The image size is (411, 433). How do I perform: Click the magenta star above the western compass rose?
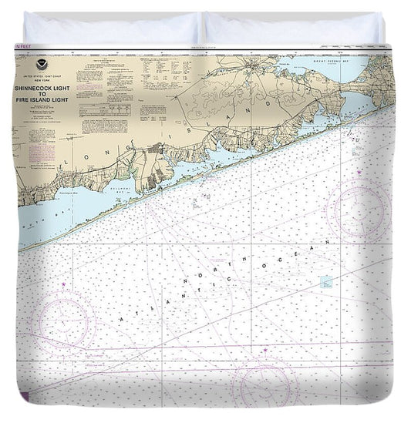[x=64, y=286]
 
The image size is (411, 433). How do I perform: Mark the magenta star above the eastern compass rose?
[x=359, y=173]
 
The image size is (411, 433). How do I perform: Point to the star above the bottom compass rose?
[x=264, y=349]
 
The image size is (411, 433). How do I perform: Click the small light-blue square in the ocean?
[x=326, y=282]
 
